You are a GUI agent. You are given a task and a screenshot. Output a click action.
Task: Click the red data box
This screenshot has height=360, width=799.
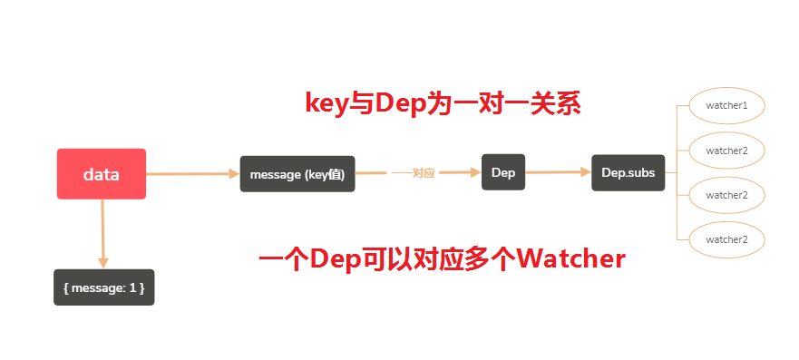point(102,174)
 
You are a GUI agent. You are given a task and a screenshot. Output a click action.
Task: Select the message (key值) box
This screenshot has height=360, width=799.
point(297,173)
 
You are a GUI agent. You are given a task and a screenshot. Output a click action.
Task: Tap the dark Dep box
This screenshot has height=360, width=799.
point(503,172)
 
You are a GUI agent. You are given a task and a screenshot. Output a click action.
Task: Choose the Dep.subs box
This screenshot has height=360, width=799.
point(628,172)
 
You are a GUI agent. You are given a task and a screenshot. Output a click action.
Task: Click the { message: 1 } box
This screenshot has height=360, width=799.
point(103,287)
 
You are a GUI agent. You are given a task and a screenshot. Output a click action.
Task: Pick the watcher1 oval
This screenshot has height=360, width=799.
point(726,105)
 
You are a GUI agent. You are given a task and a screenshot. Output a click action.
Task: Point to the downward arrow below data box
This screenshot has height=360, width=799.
point(102,232)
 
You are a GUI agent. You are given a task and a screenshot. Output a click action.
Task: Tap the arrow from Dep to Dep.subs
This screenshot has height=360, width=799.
point(558,171)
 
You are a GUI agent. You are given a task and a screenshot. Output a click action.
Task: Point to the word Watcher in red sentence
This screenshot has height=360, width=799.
point(571,259)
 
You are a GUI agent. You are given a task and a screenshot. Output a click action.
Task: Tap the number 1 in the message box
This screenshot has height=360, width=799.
point(132,287)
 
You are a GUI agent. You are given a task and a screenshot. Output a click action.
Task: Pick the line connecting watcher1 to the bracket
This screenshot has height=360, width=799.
point(682,105)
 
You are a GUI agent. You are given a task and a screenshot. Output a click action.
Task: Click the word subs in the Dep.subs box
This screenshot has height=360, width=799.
point(640,172)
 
